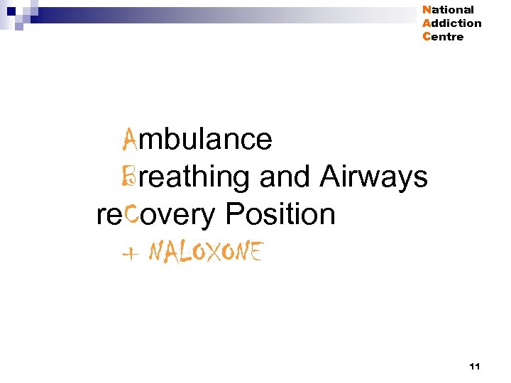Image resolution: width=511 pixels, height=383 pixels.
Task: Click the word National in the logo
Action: point(448,10)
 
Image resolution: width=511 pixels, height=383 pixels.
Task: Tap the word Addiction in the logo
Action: point(451,23)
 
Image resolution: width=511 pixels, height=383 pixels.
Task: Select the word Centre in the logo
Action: point(443,37)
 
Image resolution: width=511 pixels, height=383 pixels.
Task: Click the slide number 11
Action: point(475,366)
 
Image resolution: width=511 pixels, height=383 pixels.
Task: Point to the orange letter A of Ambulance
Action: point(130,139)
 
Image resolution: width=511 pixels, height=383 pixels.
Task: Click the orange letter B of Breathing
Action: point(130,177)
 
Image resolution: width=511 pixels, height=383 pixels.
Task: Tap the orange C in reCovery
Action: point(131,213)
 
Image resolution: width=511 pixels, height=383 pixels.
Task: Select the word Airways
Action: point(373,177)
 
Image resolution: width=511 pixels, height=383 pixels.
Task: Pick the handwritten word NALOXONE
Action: point(206,252)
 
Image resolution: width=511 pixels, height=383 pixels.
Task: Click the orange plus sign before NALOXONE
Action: point(130,253)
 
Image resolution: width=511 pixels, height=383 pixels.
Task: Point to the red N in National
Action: point(426,10)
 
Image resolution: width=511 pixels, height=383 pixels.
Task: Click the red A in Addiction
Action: point(426,23)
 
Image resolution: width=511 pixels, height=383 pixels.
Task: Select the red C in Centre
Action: point(426,37)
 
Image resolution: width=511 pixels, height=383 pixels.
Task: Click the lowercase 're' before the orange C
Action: point(109,214)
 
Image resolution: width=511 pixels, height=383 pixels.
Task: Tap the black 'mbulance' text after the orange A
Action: point(205,140)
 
